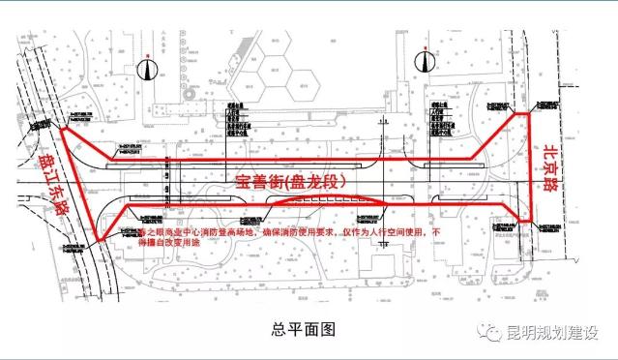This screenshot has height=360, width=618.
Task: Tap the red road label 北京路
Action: pos(550,157)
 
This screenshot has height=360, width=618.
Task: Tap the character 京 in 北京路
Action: pos(550,157)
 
